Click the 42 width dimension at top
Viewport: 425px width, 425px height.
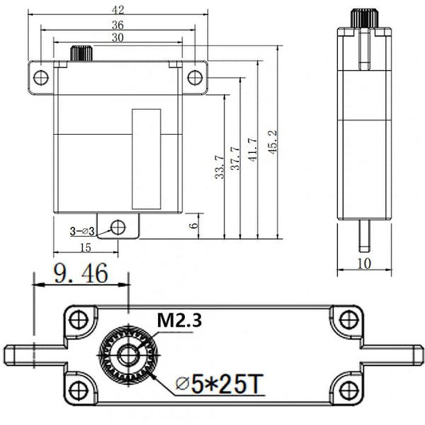118,10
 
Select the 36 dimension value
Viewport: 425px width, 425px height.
118,24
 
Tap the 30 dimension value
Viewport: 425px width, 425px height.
118,37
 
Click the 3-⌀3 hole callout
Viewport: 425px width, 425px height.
82,231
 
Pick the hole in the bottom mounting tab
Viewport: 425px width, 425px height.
118,226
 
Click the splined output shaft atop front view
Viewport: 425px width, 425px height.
82,53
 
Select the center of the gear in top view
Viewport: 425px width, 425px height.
127,354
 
